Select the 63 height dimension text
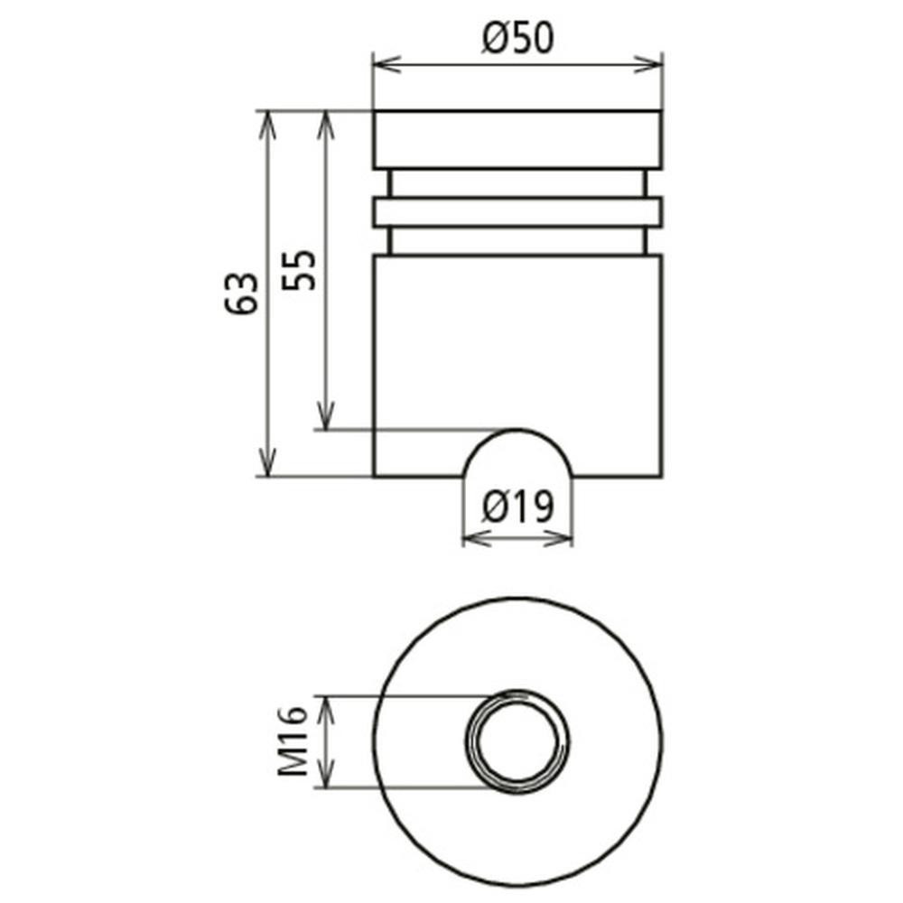[x=241, y=293]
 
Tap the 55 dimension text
[x=300, y=270]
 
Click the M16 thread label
[x=293, y=740]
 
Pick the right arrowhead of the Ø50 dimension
[x=648, y=63]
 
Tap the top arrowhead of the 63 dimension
[x=266, y=125]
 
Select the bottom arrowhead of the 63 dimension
[x=266, y=462]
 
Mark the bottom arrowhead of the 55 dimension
[x=326, y=415]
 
